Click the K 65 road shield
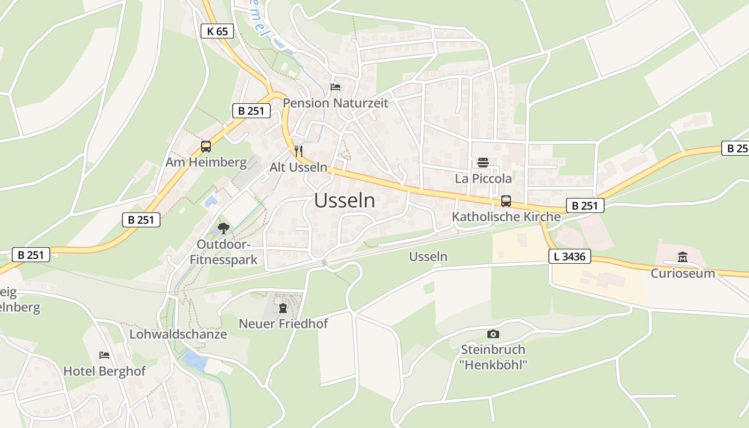(x=217, y=31)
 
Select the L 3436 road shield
(x=570, y=257)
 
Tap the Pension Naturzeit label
(x=335, y=103)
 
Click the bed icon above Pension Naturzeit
(x=335, y=87)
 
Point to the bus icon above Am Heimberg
(x=206, y=146)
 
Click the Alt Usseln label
(x=298, y=167)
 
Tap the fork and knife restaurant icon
(x=299, y=151)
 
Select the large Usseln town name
(x=345, y=201)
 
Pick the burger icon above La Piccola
(x=483, y=162)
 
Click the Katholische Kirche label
(x=506, y=217)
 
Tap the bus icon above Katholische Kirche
(x=506, y=201)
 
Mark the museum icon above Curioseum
(x=683, y=257)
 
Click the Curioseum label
(x=683, y=273)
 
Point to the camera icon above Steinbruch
(x=493, y=334)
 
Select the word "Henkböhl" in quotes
(x=494, y=365)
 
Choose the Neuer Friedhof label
(x=283, y=324)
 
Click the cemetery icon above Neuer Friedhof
(x=283, y=308)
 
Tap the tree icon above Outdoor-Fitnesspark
(x=224, y=228)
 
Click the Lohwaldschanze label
(x=178, y=334)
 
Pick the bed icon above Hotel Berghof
(x=104, y=355)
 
